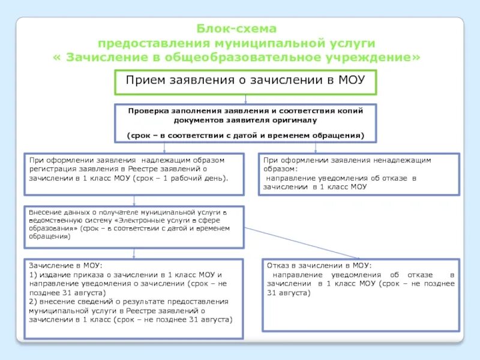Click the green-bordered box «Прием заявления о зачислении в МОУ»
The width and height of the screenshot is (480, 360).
[245, 82]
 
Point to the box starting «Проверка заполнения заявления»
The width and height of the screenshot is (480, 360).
[245, 123]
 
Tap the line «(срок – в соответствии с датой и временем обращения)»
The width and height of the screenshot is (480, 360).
[245, 136]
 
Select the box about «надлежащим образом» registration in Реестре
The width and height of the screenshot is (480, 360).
[134, 174]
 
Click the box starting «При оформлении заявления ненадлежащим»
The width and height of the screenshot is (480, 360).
[359, 174]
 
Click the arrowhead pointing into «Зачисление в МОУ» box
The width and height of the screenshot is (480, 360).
[133, 257]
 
